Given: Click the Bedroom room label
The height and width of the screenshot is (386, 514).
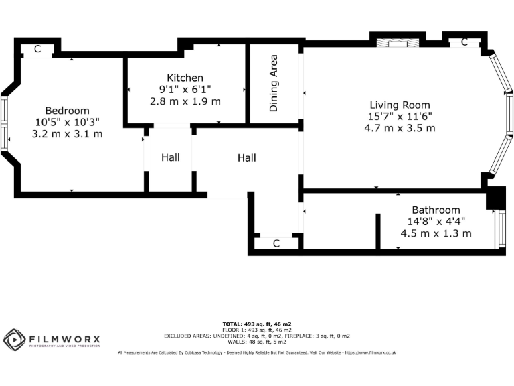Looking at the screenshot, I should [67, 111].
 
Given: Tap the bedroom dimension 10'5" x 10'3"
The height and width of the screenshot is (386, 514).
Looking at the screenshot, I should [67, 122].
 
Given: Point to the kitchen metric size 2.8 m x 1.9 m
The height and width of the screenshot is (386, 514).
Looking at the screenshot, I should [185, 101].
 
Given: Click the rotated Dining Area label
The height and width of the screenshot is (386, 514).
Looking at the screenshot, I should [274, 83].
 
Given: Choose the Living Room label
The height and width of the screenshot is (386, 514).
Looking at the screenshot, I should [400, 105].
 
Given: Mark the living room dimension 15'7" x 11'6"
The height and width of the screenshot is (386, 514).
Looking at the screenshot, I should [400, 116].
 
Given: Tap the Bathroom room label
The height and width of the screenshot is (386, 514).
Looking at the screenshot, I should [436, 210].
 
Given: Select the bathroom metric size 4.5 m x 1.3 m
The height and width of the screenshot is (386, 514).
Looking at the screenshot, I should [436, 233].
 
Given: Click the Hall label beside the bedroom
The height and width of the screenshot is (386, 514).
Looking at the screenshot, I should [170, 158].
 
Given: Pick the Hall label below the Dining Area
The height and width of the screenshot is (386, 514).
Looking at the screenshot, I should [246, 158].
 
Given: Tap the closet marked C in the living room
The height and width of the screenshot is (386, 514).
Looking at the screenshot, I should [464, 42].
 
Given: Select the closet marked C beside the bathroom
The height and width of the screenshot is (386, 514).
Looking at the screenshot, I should [276, 243].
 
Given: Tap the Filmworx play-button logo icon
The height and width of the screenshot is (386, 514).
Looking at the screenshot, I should [14, 340].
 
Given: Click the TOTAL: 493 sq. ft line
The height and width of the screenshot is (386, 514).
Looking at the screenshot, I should [256, 324].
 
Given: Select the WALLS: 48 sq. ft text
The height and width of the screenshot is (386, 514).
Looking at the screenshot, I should [256, 341].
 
